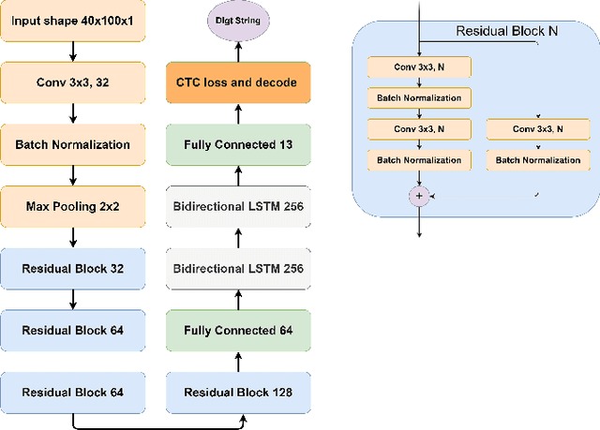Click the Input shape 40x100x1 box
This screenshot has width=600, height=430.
click(x=73, y=22)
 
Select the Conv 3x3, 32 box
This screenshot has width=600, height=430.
click(x=73, y=82)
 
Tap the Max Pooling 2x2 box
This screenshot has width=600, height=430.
click(x=73, y=206)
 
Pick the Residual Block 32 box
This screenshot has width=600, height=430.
click(x=73, y=268)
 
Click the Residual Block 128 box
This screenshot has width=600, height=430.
click(x=238, y=393)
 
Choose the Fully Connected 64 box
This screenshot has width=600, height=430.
click(x=238, y=331)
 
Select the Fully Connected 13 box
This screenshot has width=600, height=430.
click(x=238, y=144)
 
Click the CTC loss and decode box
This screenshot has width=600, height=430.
click(x=238, y=82)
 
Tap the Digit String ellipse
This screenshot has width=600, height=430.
click(x=238, y=20)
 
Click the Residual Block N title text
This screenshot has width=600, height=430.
click(x=506, y=31)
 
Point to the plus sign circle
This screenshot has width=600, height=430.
click(x=417, y=196)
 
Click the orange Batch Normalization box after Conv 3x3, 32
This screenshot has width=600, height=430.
click(x=73, y=144)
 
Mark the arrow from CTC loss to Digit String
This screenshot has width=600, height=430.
click(x=238, y=51)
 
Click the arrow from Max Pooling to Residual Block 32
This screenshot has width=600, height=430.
click(x=73, y=237)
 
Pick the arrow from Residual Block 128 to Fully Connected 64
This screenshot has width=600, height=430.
click(x=238, y=362)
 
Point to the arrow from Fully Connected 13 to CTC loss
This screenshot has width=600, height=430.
click(x=238, y=113)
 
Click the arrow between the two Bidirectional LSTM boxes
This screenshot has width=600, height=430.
click(x=238, y=237)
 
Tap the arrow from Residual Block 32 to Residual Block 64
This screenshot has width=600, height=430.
click(x=73, y=299)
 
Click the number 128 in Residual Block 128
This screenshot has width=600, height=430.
click(x=280, y=393)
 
